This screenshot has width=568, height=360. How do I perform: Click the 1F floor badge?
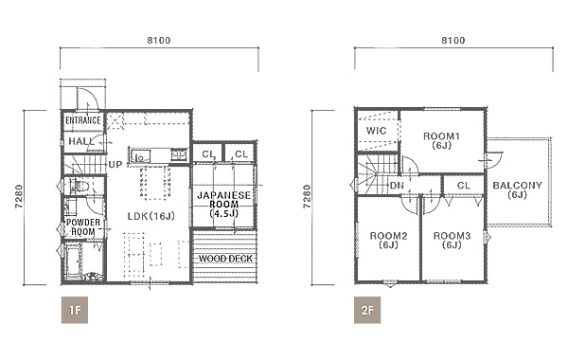(x=75, y=310)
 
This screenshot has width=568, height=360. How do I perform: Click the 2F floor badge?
(x=367, y=310)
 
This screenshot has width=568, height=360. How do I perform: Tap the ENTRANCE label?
(x=83, y=120)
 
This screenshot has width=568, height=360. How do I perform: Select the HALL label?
(x=80, y=141)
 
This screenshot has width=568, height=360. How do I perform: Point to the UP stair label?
(x=115, y=165)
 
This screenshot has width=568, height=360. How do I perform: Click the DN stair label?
(x=397, y=186)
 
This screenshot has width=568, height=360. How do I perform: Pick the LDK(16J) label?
(x=151, y=216)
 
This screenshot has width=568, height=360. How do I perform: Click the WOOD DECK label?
(x=225, y=259)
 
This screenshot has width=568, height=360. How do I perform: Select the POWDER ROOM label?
(x=83, y=227)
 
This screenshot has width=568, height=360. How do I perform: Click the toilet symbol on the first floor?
(x=80, y=187)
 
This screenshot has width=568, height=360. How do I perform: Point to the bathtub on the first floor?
(x=74, y=261)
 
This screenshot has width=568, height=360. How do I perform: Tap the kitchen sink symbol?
(x=140, y=156)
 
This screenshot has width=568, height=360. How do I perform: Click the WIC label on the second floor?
(x=376, y=131)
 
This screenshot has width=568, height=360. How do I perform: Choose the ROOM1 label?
(x=441, y=136)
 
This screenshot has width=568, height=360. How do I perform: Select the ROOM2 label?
(x=388, y=236)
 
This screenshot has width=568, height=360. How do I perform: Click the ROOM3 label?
(x=453, y=236)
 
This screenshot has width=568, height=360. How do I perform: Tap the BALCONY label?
(x=517, y=186)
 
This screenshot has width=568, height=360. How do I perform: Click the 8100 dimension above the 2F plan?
(x=453, y=40)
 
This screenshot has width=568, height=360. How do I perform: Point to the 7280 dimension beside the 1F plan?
(x=19, y=197)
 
